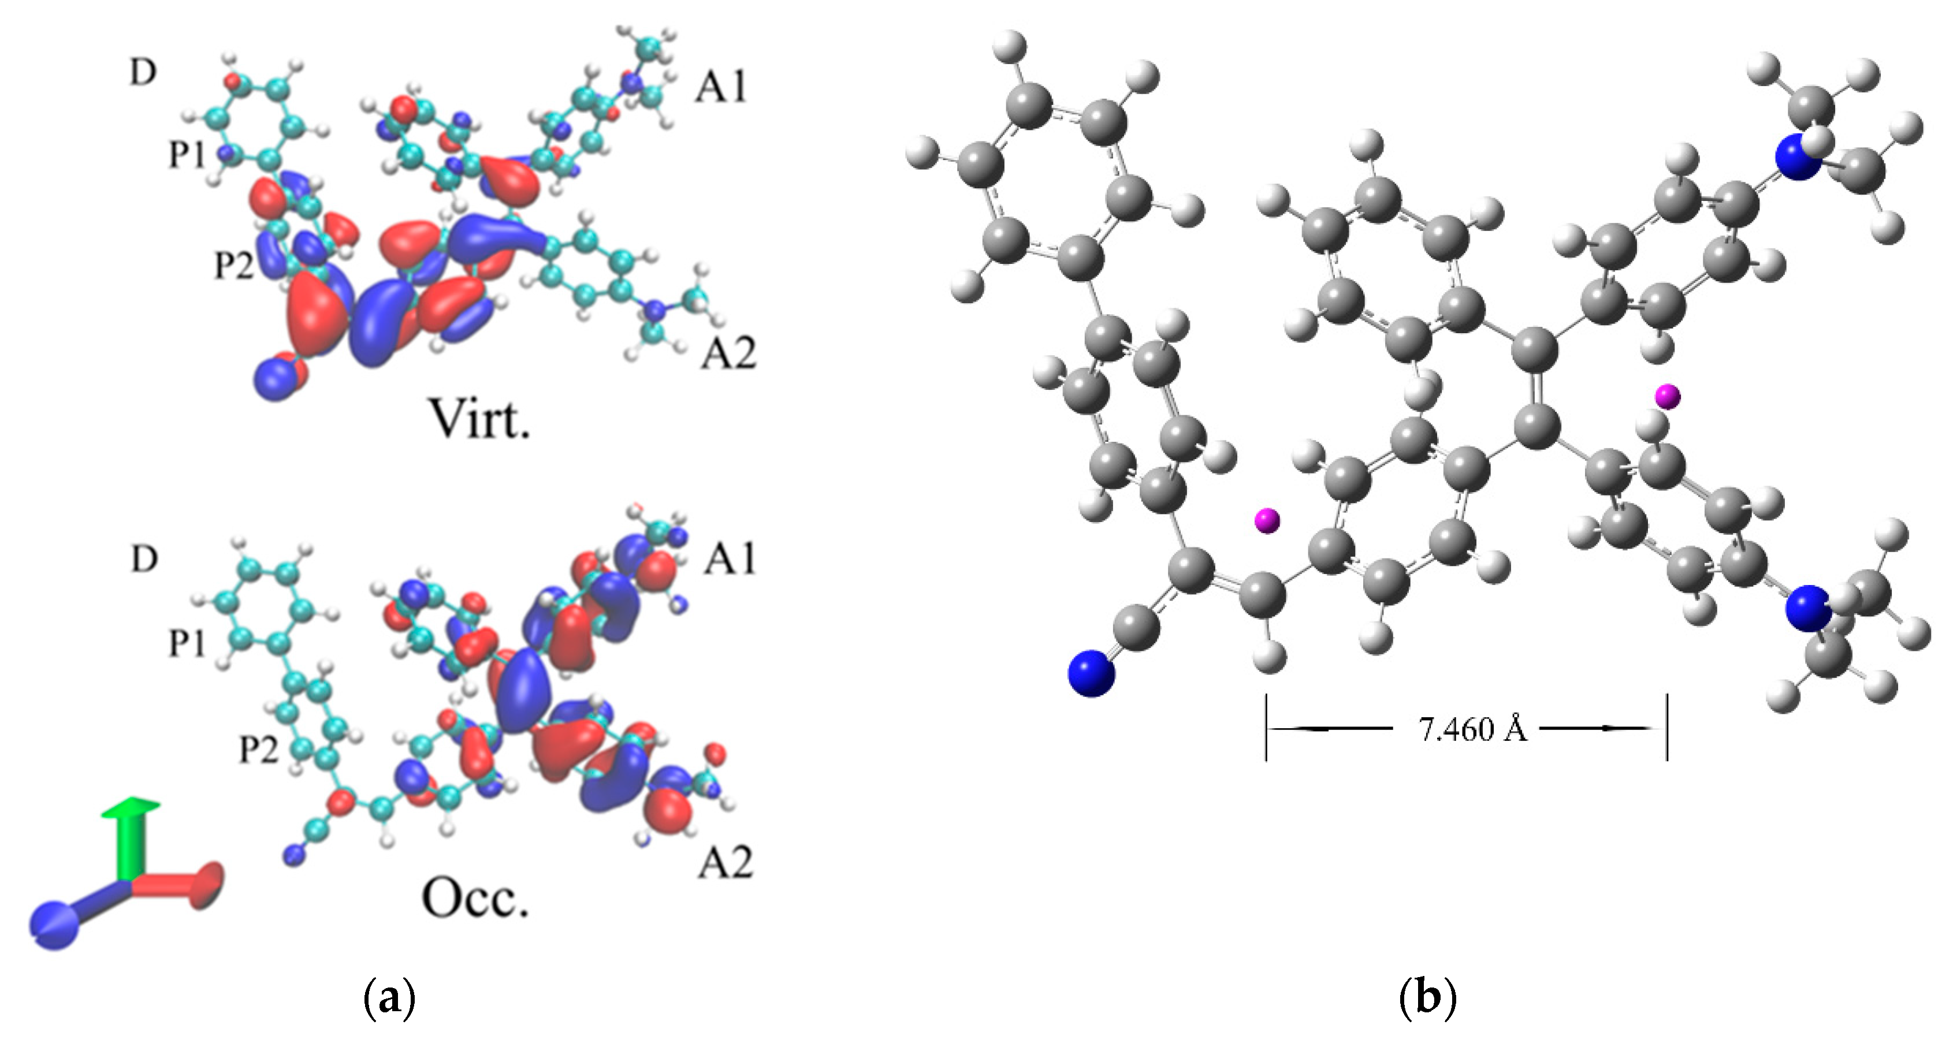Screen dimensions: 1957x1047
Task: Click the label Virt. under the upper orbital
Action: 479,418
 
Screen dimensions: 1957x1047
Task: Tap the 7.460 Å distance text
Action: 1472,729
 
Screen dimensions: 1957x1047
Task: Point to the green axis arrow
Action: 131,836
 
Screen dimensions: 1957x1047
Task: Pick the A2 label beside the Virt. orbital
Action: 728,352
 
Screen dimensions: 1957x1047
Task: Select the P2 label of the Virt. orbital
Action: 234,265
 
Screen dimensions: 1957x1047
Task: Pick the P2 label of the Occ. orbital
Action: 259,751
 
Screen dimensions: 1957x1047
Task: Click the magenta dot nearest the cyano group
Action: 1266,520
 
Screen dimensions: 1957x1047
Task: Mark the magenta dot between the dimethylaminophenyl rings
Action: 1668,396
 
